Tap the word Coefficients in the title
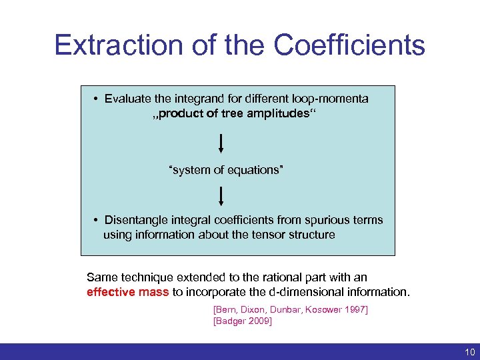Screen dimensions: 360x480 click(x=349, y=45)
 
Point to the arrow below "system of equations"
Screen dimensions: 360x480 click(x=221, y=196)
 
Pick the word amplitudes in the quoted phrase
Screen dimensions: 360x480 click(x=279, y=113)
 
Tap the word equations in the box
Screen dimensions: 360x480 click(x=255, y=170)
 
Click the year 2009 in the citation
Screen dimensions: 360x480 click(x=260, y=321)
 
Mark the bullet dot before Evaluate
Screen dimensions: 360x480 click(x=97, y=99)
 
